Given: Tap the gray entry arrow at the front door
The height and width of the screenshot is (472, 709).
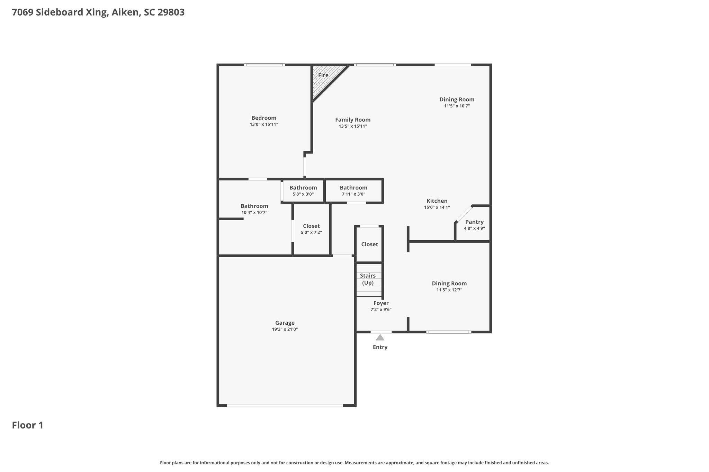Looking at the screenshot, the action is click(380, 337).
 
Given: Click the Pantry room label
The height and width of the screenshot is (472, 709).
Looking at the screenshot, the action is click(474, 222).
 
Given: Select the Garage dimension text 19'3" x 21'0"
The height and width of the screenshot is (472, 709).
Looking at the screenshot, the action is click(285, 329).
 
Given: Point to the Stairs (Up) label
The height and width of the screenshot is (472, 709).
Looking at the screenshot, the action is click(368, 279).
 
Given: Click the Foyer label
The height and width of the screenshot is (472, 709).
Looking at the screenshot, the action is click(381, 303).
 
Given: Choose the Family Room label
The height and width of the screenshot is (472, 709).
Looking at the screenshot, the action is click(353, 120).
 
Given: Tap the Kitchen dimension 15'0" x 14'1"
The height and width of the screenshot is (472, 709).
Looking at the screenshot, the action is click(437, 207).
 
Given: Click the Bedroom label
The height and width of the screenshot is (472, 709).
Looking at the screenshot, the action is click(264, 118).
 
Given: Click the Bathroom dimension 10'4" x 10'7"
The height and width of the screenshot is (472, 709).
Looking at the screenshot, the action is click(254, 212).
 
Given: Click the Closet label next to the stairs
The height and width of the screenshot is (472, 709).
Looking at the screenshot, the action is click(370, 244).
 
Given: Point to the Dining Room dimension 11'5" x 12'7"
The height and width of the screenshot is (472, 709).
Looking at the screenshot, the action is click(449, 290).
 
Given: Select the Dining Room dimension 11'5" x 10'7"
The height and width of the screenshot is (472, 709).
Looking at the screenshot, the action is click(457, 106).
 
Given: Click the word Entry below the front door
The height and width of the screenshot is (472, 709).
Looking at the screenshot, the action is click(380, 347).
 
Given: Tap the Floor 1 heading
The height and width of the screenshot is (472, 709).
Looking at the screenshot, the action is click(28, 425).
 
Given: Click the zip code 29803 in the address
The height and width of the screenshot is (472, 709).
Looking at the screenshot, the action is click(171, 12).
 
